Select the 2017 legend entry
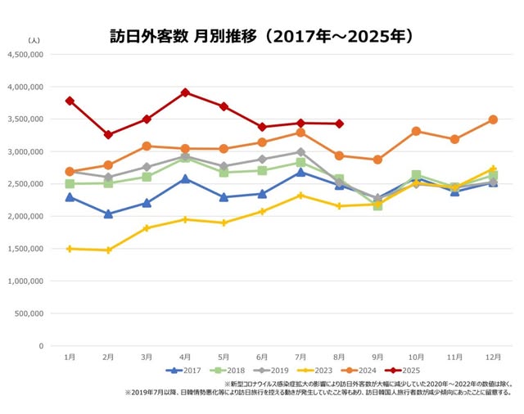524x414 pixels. click(x=186, y=370)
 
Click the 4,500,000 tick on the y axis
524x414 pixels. click(x=27, y=55)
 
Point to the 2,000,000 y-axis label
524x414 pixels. click(x=27, y=216)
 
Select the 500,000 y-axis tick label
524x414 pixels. click(x=29, y=313)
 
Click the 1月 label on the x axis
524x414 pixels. click(x=70, y=358)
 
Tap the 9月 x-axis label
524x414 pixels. click(x=377, y=358)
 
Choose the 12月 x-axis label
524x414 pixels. click(x=493, y=358)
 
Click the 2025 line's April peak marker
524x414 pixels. click(x=185, y=92)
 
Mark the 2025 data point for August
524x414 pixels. click(x=339, y=124)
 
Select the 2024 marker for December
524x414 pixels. click(x=493, y=119)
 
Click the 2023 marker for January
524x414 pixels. click(x=70, y=249)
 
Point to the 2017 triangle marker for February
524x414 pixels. click(x=108, y=214)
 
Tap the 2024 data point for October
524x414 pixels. click(x=416, y=131)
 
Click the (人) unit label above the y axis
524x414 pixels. click(x=34, y=40)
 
